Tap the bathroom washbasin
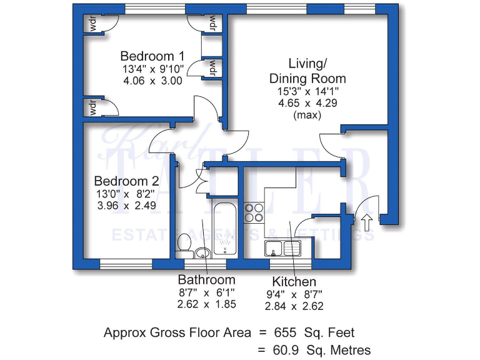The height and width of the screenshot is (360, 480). click(201, 252)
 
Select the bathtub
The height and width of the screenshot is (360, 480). click(226, 229)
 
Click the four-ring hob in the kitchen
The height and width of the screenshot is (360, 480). click(254, 212)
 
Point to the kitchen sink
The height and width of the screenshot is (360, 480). click(283, 248)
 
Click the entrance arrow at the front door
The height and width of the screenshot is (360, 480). click(366, 220)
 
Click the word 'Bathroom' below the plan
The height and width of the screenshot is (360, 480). click(207, 279)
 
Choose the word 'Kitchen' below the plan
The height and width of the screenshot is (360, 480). click(294, 281)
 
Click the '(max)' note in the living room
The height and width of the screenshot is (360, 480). click(307, 115)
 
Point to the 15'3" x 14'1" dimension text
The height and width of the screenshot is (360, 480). click(307, 91)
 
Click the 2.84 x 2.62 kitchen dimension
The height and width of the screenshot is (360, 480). click(294, 306)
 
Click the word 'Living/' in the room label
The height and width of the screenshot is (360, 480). click(307, 64)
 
